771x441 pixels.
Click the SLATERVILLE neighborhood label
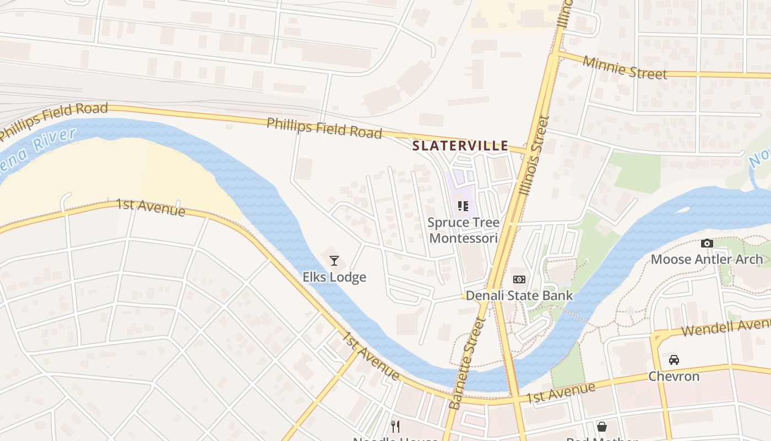460,146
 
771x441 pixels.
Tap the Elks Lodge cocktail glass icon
334,261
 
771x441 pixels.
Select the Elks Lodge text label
334,277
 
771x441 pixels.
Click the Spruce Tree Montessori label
464,230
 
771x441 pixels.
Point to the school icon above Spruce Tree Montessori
463,206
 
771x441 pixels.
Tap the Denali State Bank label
519,295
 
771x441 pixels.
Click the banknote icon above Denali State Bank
519,279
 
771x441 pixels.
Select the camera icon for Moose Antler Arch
707,243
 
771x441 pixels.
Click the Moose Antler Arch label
707,259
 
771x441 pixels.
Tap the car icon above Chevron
674,360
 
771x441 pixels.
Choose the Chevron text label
674,377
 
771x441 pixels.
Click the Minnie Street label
625,68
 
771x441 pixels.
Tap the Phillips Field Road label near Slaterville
324,128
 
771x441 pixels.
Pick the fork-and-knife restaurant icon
395,426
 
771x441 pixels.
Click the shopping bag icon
602,427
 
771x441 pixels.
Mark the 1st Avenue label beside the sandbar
150,208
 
